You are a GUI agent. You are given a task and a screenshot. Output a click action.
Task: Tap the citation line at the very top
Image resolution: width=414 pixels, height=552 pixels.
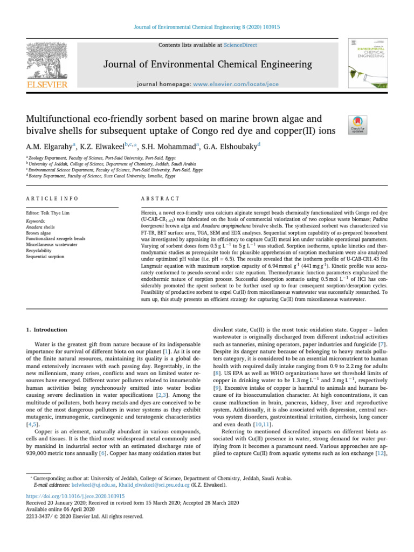[207, 26]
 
